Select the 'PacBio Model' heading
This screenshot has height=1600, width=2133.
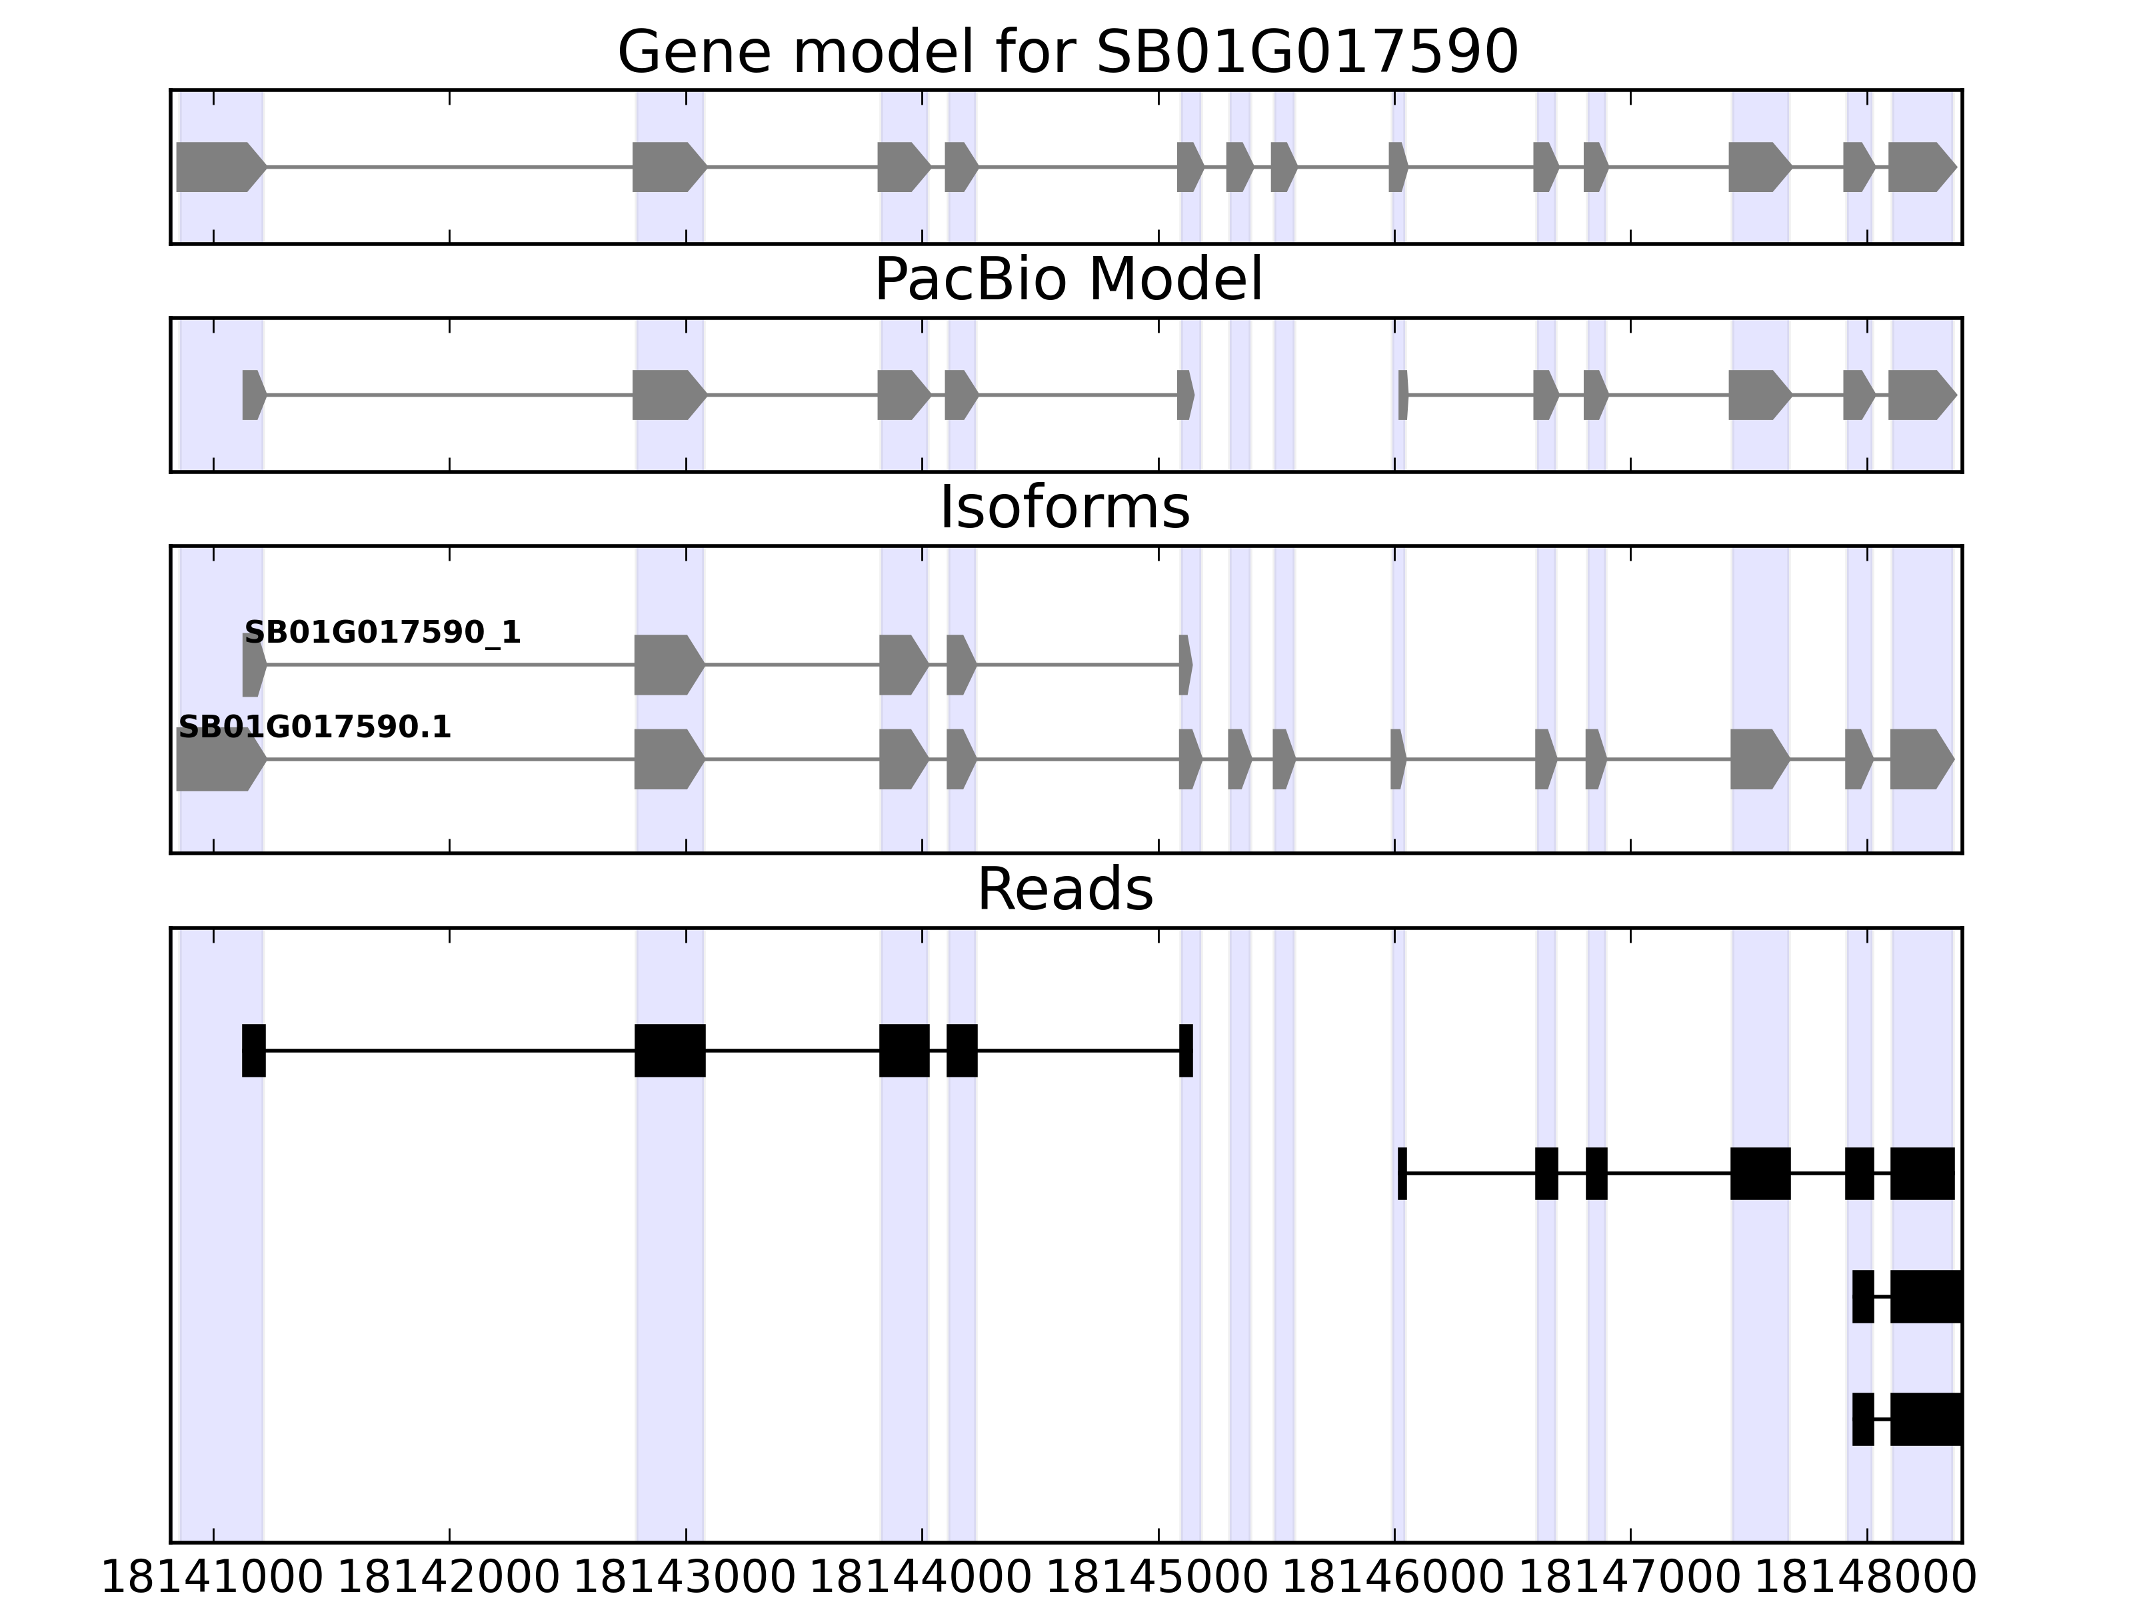pos(1066,281)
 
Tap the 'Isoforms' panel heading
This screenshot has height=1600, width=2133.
pos(1064,508)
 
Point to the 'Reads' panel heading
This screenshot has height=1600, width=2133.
pos(1065,889)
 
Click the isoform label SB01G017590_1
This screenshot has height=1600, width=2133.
pos(382,633)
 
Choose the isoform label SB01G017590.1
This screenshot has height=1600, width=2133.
pos(315,727)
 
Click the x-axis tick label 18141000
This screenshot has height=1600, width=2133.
pos(212,1578)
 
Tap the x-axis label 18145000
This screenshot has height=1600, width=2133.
pos(1157,1578)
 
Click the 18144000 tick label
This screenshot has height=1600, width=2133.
pos(921,1578)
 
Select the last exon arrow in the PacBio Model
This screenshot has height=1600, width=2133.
pos(1920,395)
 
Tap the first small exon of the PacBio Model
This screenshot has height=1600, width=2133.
pos(253,395)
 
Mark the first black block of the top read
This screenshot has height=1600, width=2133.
pos(253,1050)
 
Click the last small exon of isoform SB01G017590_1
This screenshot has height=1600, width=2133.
pos(1185,665)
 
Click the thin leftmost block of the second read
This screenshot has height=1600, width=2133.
pos(1402,1174)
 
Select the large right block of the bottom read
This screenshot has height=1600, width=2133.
pos(1926,1419)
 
